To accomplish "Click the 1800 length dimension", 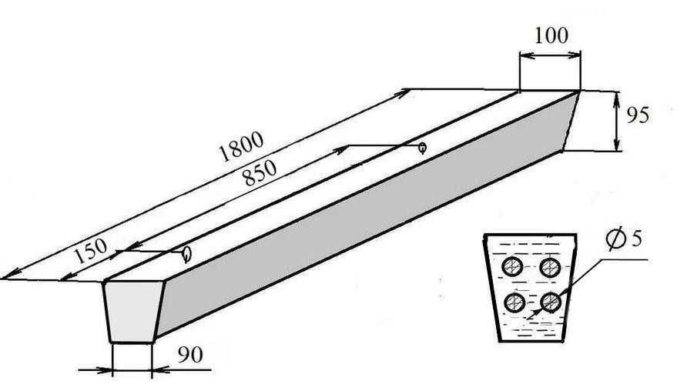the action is pyautogui.click(x=241, y=145).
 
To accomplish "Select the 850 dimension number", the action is pyautogui.click(x=260, y=173).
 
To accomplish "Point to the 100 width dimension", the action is pyautogui.click(x=551, y=35).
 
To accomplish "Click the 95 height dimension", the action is pyautogui.click(x=637, y=115).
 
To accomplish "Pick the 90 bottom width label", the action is pyautogui.click(x=190, y=355).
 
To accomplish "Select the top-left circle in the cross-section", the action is pyautogui.click(x=512, y=267).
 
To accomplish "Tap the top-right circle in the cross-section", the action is pyautogui.click(x=551, y=267).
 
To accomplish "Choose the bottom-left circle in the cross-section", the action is pyautogui.click(x=514, y=302).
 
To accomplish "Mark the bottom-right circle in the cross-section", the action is pyautogui.click(x=551, y=302).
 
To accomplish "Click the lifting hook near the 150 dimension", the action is pyautogui.click(x=187, y=253).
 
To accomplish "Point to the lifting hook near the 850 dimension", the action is pyautogui.click(x=422, y=148).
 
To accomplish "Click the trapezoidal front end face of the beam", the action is pyautogui.click(x=133, y=312).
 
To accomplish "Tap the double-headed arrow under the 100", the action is pyautogui.click(x=551, y=55).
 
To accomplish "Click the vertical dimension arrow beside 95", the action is pyautogui.click(x=616, y=121).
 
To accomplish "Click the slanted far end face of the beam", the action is pyautogui.click(x=571, y=121).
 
